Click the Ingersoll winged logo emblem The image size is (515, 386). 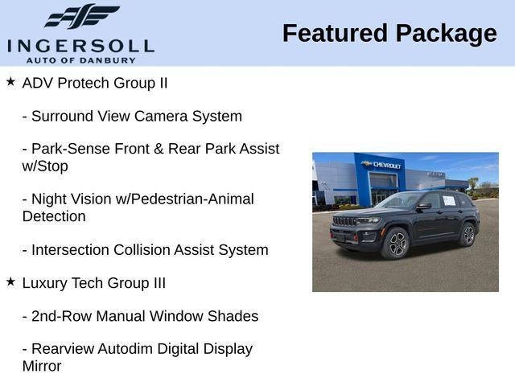80,17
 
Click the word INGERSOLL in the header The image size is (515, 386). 80,45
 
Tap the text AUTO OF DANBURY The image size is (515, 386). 80,60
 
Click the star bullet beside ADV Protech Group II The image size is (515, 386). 10,82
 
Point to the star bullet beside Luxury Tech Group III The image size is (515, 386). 10,282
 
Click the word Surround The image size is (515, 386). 61,116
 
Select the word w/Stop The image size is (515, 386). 45,166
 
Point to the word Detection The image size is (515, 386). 54,216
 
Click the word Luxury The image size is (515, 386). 45,283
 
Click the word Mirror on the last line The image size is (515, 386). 42,366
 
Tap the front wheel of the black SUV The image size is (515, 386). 398,244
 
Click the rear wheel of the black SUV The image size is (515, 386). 468,235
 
